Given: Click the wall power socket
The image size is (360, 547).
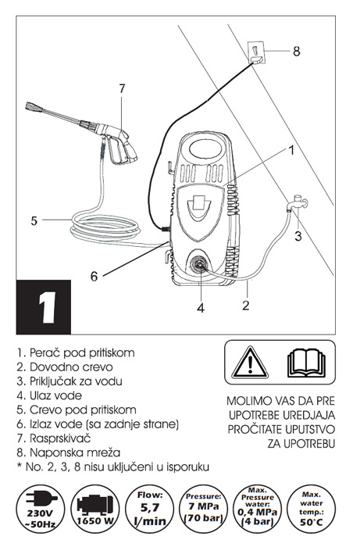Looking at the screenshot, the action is tap(256, 52).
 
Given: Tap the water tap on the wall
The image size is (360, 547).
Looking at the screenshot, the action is tap(297, 203).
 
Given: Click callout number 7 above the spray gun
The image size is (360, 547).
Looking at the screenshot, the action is tap(122, 88).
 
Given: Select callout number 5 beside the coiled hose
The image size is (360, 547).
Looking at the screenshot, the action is tap(34, 220).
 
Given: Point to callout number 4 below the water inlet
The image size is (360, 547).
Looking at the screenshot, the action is tap(201, 308).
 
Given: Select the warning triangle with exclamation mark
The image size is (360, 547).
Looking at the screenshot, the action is tap(250, 362).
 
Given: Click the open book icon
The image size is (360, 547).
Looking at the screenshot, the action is tap(306, 362).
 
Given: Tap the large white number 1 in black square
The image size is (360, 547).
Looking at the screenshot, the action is tap(48, 308).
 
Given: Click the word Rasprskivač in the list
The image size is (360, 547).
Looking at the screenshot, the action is tap(60, 438).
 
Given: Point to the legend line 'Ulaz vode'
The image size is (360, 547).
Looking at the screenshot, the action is tap(49, 395).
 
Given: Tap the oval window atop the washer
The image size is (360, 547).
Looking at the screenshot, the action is tap(206, 148).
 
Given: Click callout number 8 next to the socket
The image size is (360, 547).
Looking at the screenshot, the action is tap(296, 52).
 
